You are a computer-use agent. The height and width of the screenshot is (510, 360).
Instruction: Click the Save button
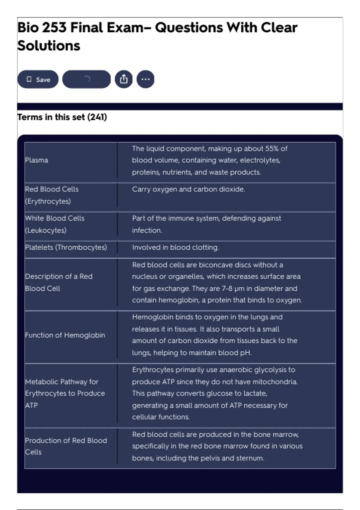(38, 79)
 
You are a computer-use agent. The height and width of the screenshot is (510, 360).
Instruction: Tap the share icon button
(124, 79)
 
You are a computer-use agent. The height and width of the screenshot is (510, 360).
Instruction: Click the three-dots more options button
(145, 79)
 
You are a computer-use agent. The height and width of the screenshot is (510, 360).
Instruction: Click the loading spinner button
(86, 79)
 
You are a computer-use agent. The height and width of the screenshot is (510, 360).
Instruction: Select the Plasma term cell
(37, 160)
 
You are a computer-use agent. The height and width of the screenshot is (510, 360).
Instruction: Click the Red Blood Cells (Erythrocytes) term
(52, 195)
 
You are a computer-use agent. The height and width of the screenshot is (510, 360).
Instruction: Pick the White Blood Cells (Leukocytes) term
(55, 224)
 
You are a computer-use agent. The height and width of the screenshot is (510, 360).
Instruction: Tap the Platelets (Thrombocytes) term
(66, 247)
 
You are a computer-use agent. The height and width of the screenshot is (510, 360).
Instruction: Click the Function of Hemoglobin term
(65, 335)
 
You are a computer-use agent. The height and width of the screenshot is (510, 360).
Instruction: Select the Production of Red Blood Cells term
(66, 446)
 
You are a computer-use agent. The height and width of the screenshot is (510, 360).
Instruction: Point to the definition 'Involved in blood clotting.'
(175, 247)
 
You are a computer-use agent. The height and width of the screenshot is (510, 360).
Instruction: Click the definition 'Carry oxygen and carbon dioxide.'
(188, 189)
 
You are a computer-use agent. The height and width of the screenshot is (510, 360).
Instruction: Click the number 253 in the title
(54, 28)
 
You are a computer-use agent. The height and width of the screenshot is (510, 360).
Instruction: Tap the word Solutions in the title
(49, 46)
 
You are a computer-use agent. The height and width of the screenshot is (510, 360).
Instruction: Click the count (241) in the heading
(97, 117)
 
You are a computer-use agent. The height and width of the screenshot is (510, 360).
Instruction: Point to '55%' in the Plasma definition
(272, 149)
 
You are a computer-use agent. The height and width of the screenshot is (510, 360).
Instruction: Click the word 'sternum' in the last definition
(251, 458)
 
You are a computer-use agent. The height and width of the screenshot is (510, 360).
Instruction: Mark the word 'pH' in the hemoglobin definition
(246, 353)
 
